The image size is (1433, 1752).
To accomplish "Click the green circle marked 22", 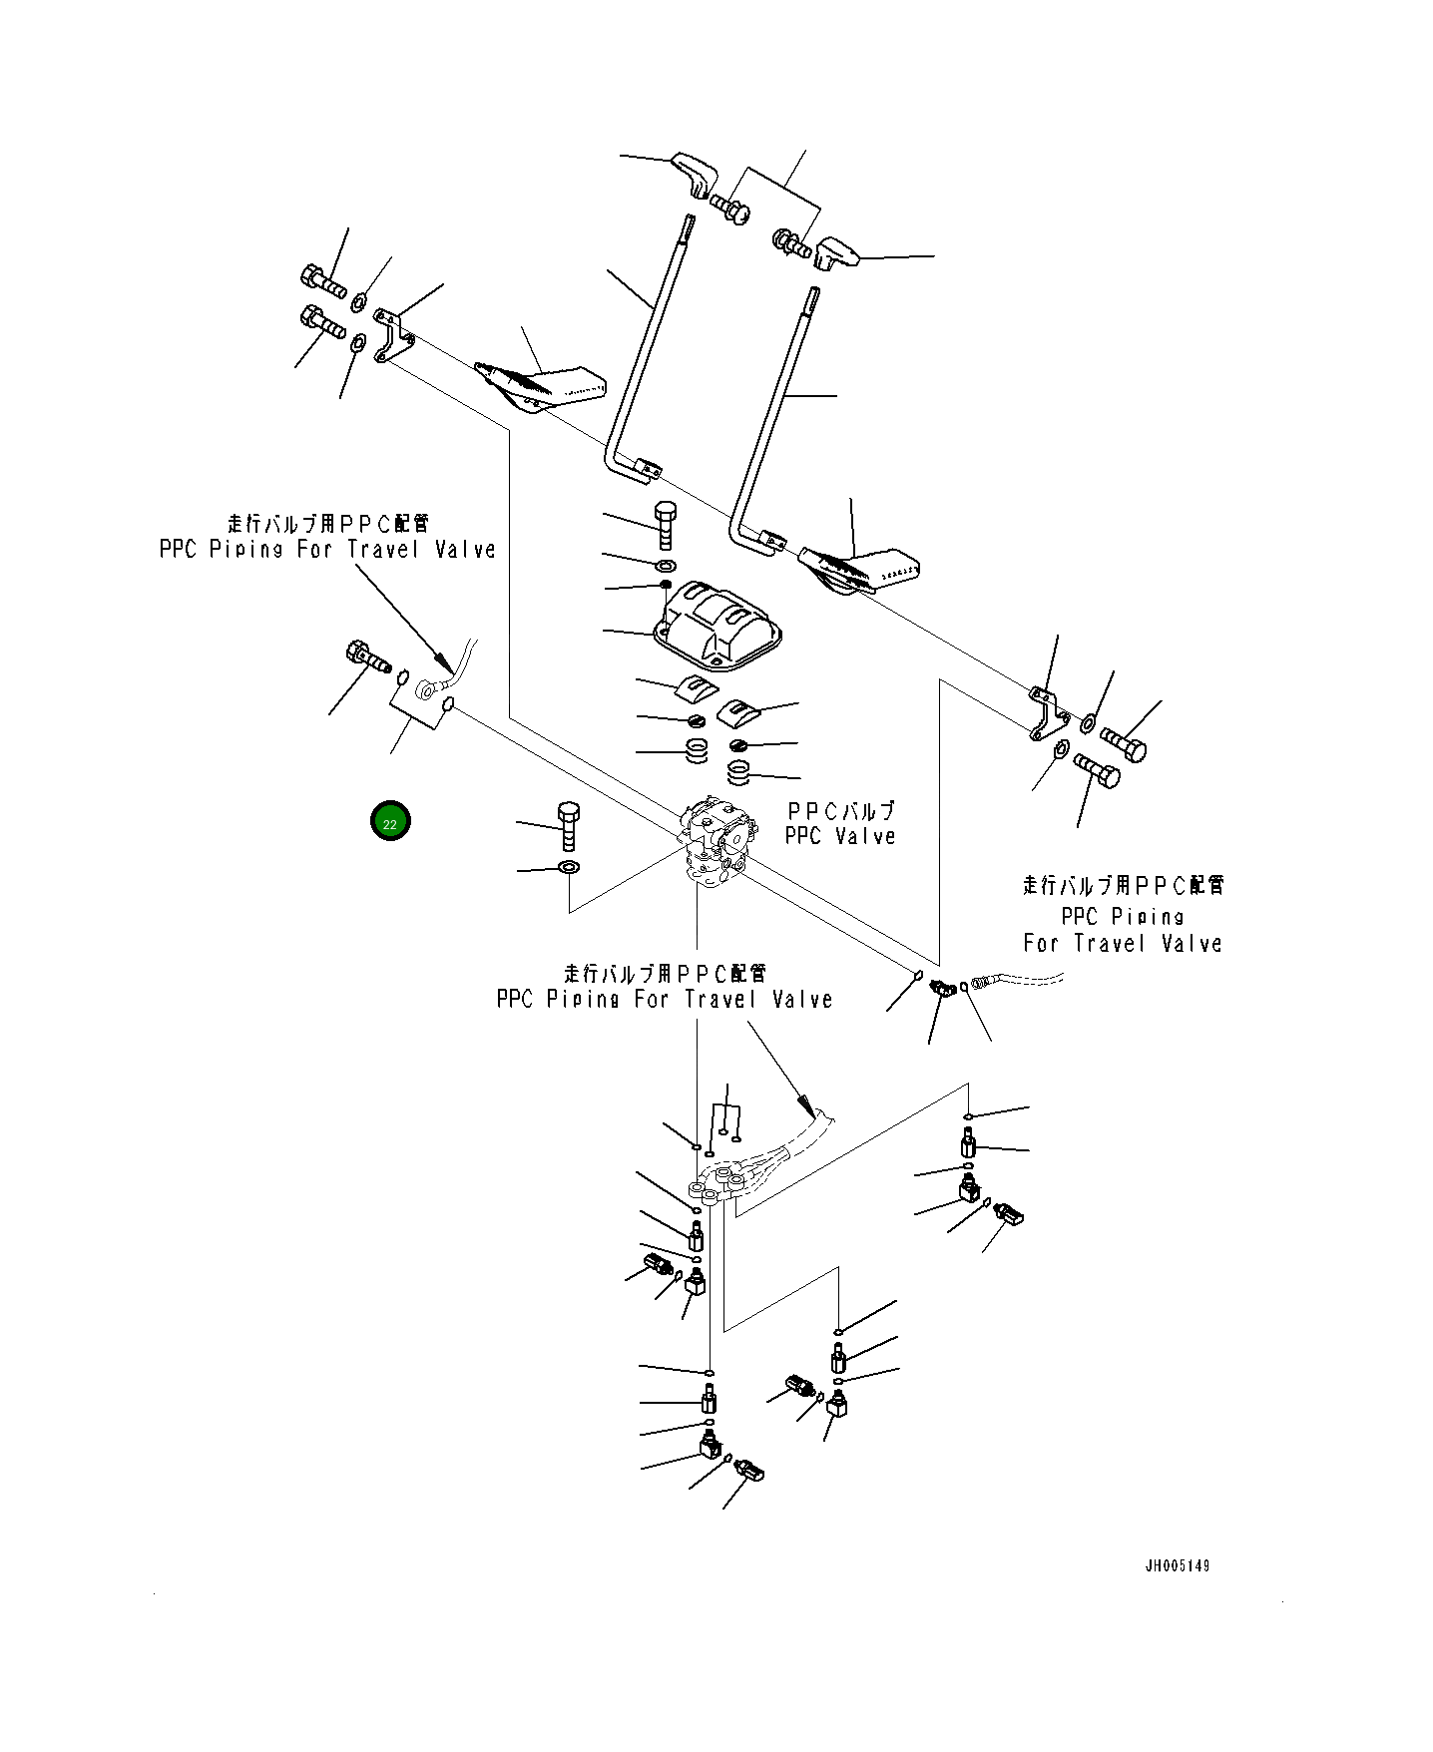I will (x=390, y=823).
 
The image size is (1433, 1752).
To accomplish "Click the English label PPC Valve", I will (x=839, y=836).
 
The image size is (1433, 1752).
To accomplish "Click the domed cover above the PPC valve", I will (x=716, y=623).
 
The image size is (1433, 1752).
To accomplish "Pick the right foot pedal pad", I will (x=860, y=570).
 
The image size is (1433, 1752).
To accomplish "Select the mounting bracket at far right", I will (x=1045, y=712).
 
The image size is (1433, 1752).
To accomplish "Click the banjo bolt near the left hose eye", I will (x=364, y=658).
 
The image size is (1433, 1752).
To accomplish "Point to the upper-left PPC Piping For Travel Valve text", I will (x=327, y=549).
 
